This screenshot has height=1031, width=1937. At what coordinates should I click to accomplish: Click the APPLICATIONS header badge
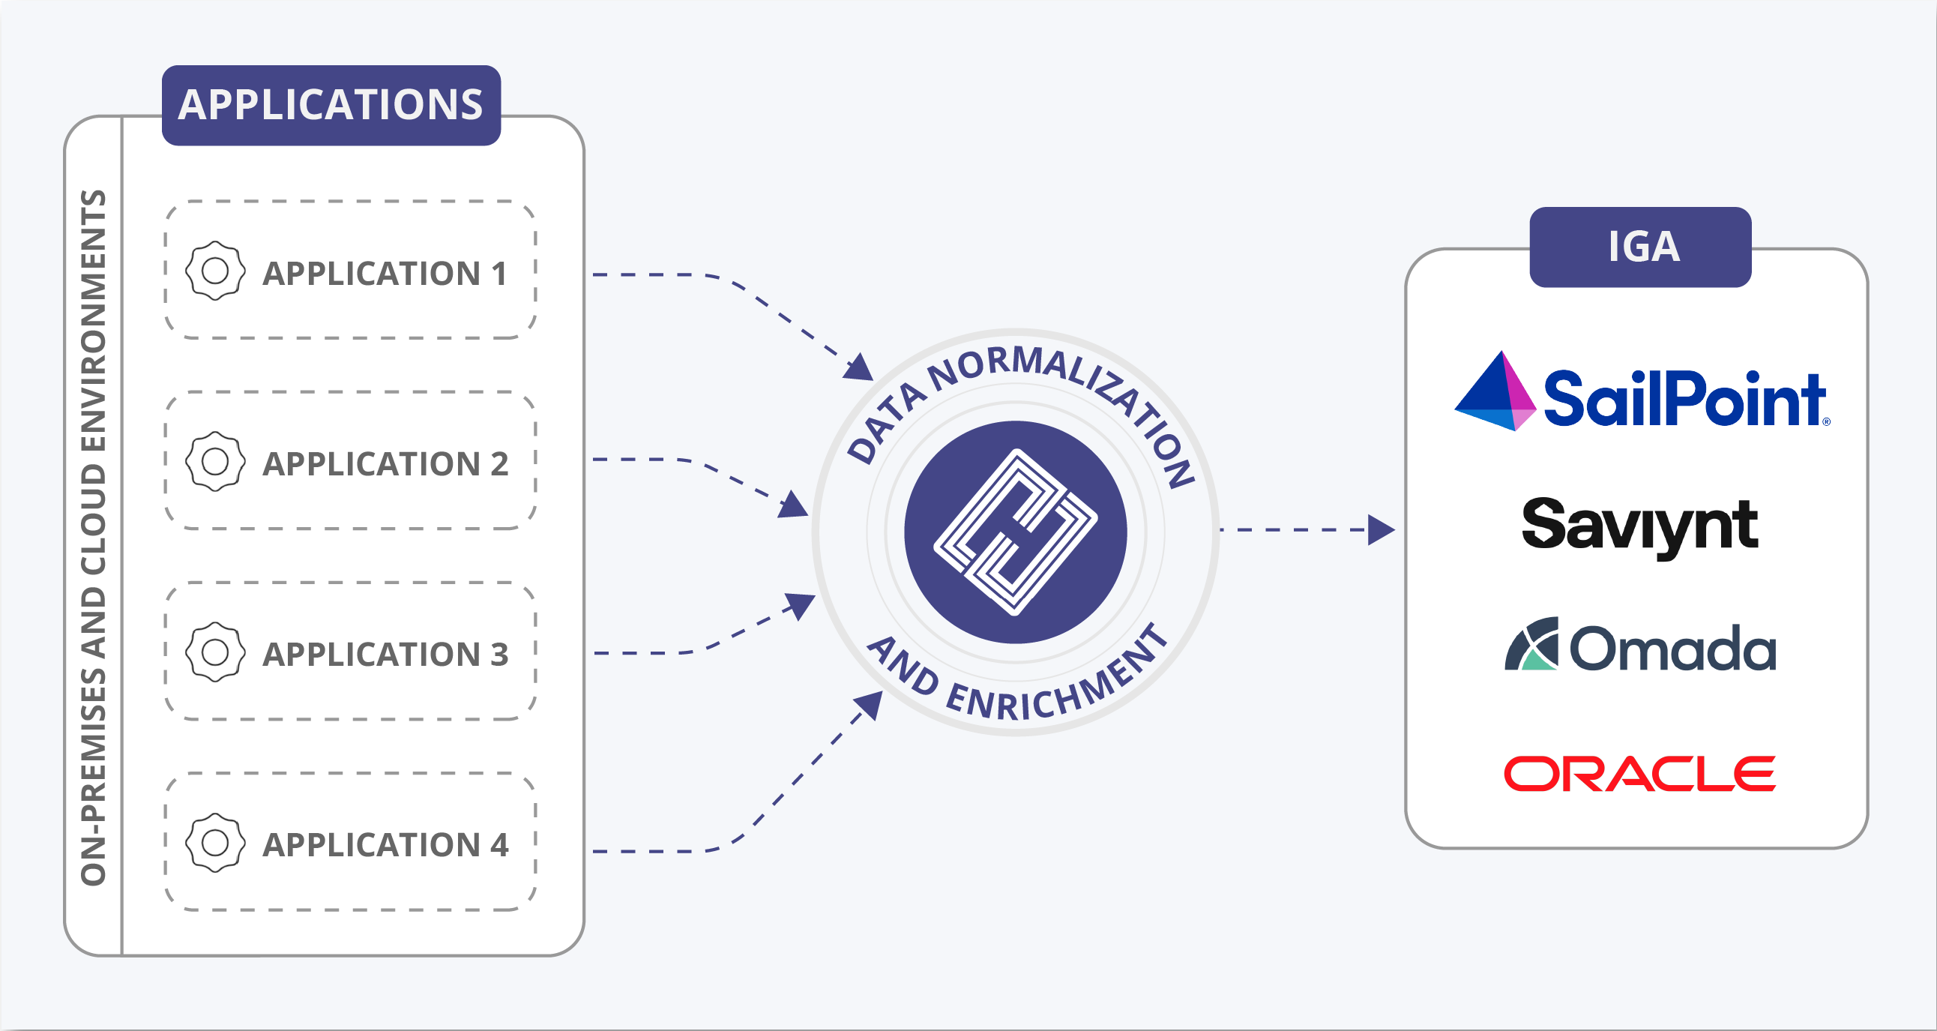(x=331, y=105)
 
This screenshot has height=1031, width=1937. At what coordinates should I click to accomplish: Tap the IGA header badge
(x=1640, y=247)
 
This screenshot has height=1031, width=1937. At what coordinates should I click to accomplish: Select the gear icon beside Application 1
(x=215, y=271)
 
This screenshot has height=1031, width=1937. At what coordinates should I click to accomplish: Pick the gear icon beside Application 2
(x=215, y=461)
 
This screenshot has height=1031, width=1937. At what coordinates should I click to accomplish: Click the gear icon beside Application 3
(x=215, y=652)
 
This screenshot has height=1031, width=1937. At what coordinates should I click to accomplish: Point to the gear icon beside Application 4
(x=215, y=842)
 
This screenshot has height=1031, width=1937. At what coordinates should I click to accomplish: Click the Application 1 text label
(x=385, y=274)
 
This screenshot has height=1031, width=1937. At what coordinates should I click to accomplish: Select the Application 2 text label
(x=385, y=464)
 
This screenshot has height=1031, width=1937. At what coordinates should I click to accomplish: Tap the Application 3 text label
(x=385, y=655)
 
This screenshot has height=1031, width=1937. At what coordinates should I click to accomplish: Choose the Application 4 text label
(x=385, y=844)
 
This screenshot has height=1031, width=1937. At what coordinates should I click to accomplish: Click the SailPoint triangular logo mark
(x=1494, y=393)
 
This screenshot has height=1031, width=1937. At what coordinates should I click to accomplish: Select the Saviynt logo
(x=1639, y=526)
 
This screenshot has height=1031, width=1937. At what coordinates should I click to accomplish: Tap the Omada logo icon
(x=1531, y=645)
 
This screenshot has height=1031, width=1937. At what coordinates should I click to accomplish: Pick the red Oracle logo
(x=1639, y=774)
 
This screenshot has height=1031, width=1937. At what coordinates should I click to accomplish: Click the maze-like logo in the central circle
(x=1015, y=532)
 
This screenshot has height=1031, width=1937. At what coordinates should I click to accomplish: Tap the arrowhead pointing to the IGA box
(x=1381, y=530)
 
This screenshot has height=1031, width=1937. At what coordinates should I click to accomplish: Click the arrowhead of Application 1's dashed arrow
(x=859, y=367)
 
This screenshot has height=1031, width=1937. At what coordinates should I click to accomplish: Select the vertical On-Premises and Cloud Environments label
(x=93, y=537)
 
